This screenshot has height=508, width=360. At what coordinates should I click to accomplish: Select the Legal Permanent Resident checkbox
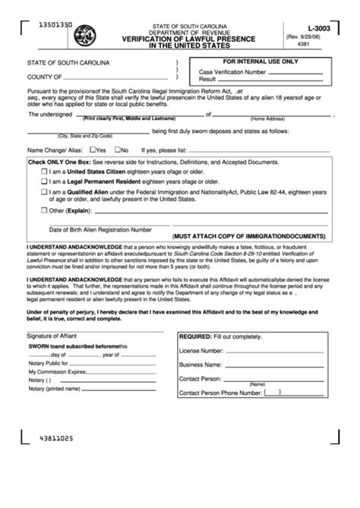coord(43,184)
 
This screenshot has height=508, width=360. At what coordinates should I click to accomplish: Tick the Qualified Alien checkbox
coord(43,194)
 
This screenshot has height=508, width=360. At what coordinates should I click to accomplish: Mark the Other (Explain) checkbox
coord(43,213)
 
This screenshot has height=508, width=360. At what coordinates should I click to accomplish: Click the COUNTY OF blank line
coord(114,77)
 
